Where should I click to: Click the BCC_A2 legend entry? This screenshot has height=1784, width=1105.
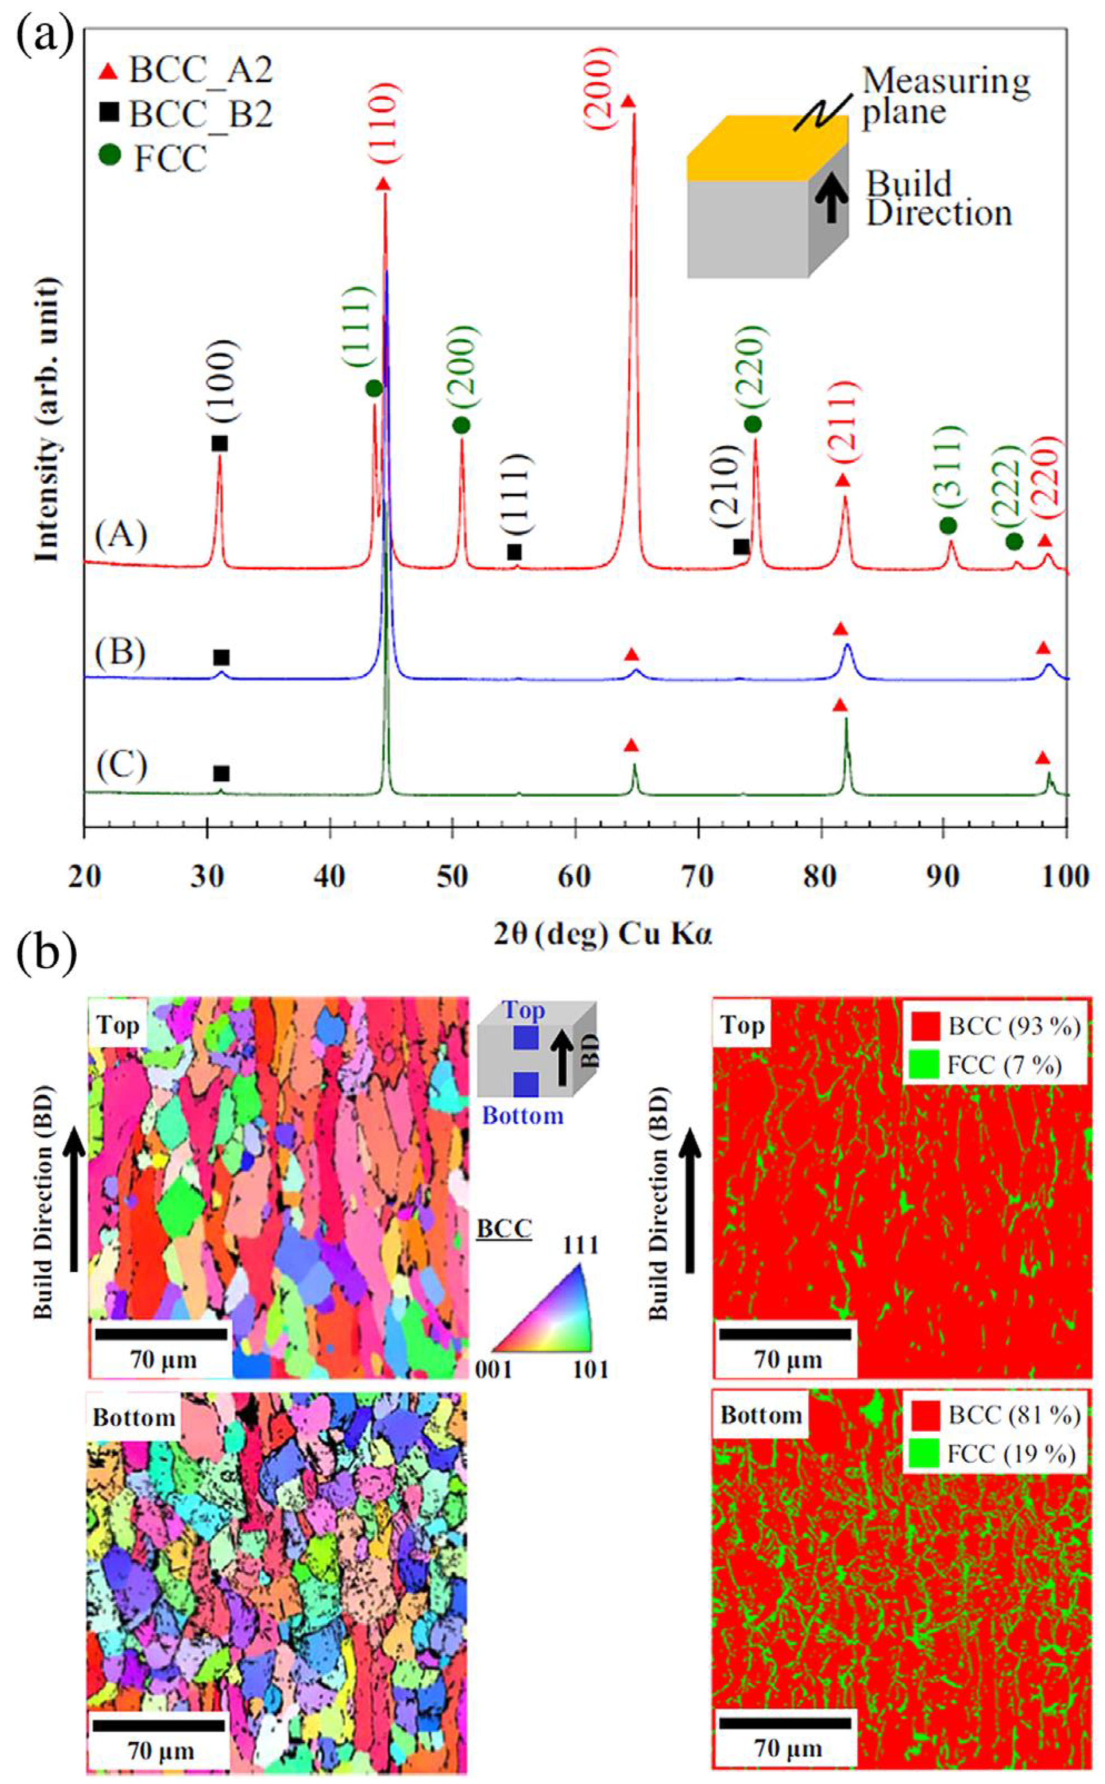pyautogui.click(x=186, y=71)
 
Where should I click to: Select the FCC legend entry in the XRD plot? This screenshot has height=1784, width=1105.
pyautogui.click(x=157, y=158)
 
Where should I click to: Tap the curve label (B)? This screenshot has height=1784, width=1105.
pyautogui.click(x=121, y=651)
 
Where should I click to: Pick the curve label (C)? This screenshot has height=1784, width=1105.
pyautogui.click(x=121, y=766)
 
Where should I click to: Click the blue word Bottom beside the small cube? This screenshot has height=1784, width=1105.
pyautogui.click(x=523, y=1116)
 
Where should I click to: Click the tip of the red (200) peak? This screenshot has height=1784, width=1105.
pyautogui.click(x=633, y=115)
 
